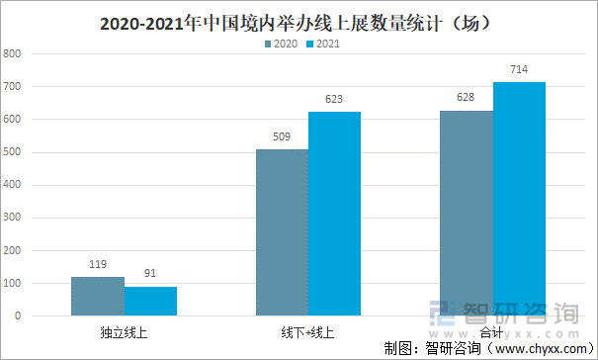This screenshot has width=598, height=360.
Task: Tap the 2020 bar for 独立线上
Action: coord(98,297)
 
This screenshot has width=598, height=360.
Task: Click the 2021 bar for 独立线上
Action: coord(150,301)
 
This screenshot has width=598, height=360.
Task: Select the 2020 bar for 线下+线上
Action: coord(282,232)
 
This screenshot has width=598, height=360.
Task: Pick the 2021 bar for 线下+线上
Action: coord(334,214)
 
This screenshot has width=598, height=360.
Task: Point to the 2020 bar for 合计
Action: coord(467,213)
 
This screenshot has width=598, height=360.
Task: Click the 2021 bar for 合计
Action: coord(519,199)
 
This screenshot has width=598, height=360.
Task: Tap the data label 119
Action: coord(98,266)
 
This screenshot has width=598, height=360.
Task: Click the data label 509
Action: coord(282,137)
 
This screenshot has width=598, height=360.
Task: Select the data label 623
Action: coord(334,100)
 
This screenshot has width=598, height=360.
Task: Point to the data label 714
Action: coord(519,70)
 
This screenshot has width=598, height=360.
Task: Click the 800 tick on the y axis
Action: coord(13,54)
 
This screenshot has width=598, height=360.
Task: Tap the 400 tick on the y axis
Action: coord(13,185)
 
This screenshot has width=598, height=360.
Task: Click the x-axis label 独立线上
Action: coord(124,333)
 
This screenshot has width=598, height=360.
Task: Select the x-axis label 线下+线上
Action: coord(307,333)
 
